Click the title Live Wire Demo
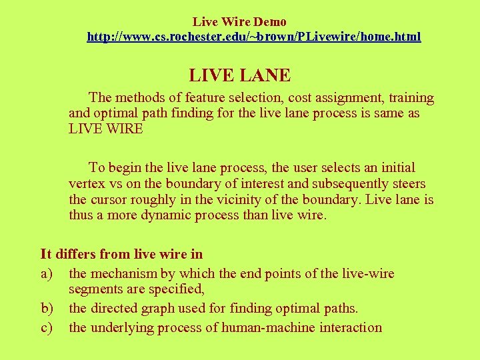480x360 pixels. [x=239, y=22]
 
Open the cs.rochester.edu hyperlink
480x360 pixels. [x=254, y=37]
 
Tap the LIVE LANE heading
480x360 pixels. [x=239, y=75]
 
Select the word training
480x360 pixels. [x=409, y=98]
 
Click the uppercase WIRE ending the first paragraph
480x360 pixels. [x=124, y=129]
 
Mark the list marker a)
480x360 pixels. [x=47, y=274]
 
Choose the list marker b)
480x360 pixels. [x=48, y=309]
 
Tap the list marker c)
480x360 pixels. [x=47, y=327]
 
